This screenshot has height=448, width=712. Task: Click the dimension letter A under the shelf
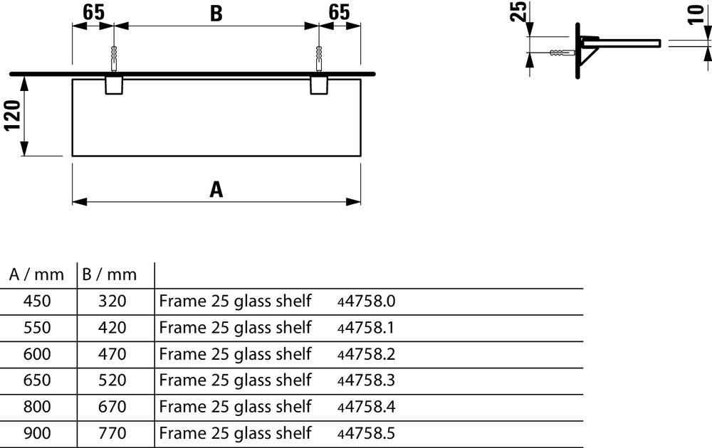pos(216,189)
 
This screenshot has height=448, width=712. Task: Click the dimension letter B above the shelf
pos(216,13)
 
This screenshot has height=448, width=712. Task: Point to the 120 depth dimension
pos(13,116)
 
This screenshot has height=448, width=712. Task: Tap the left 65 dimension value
pos(93,12)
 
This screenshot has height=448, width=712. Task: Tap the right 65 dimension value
pos(339,12)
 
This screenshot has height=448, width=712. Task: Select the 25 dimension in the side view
pos(518,11)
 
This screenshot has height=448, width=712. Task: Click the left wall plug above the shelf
pos(113,58)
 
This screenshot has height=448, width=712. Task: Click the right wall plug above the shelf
pos(319,58)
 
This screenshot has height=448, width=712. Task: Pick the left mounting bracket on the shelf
pos(114,86)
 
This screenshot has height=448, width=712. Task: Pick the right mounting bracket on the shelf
pos(319,86)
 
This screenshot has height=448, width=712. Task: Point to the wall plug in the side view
pos(563,53)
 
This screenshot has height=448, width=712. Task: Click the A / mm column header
pos(36,274)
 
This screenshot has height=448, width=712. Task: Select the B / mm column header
pos(110,274)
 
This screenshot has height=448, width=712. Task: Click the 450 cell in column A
pos(37,301)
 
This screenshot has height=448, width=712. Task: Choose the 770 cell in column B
pos(112,433)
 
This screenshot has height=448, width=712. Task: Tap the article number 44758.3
pos(366,380)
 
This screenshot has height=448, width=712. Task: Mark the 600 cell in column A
pos(37,354)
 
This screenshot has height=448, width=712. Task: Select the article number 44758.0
pos(366,301)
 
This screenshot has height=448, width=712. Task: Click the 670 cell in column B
pos(112,407)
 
